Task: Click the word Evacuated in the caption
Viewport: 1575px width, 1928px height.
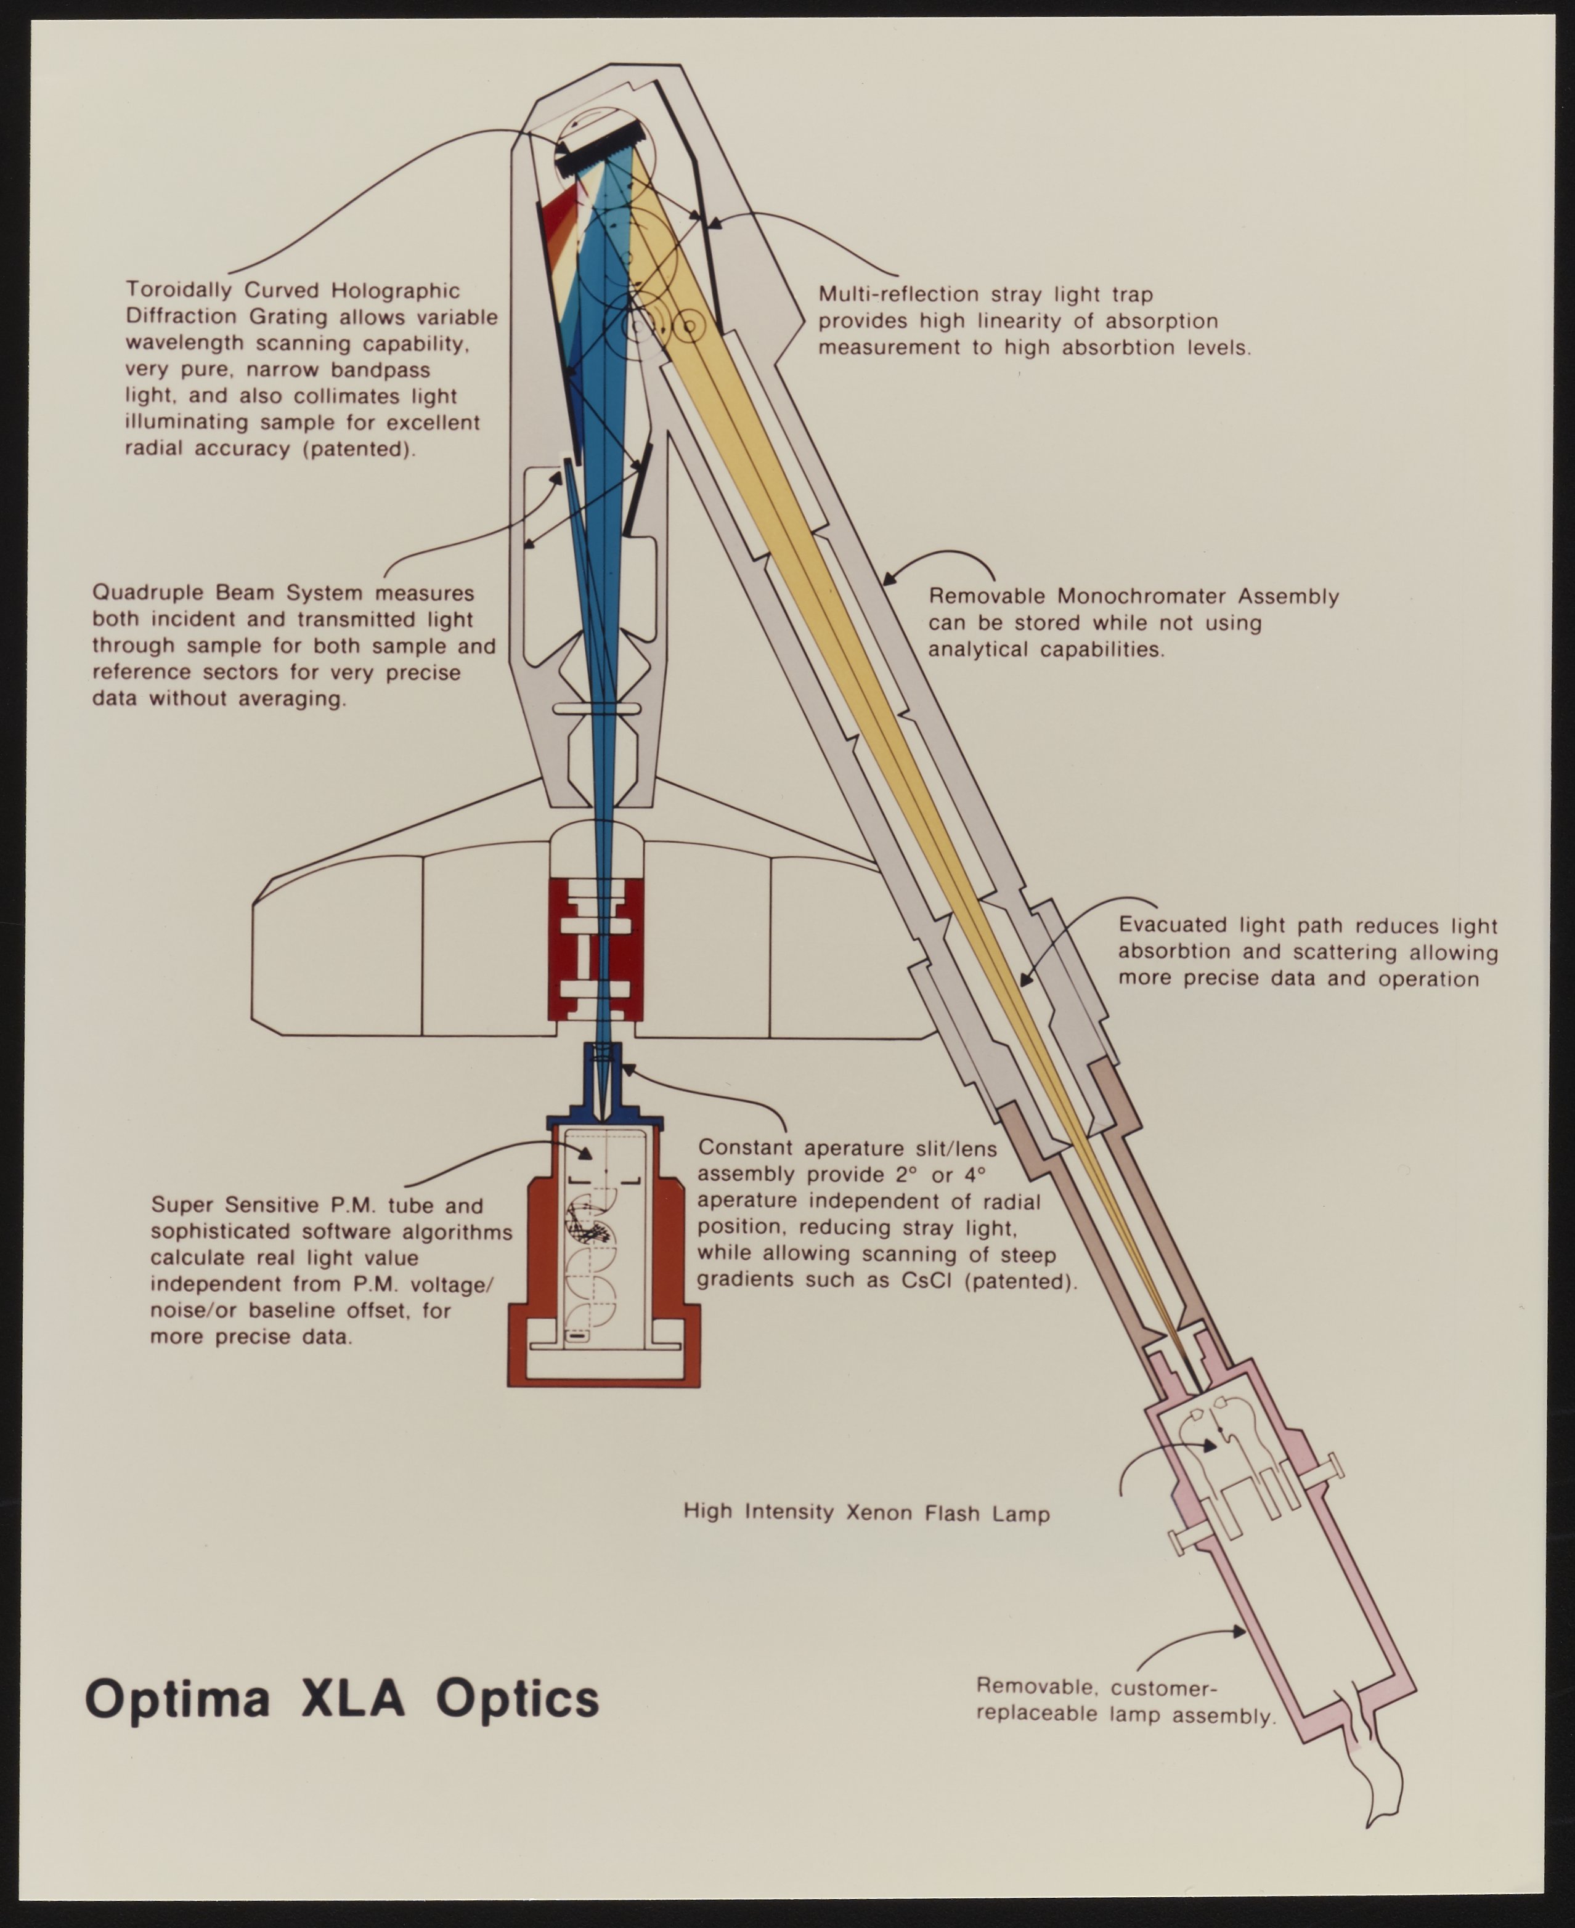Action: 1172,925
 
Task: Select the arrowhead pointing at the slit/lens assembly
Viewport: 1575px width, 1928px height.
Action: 625,1068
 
